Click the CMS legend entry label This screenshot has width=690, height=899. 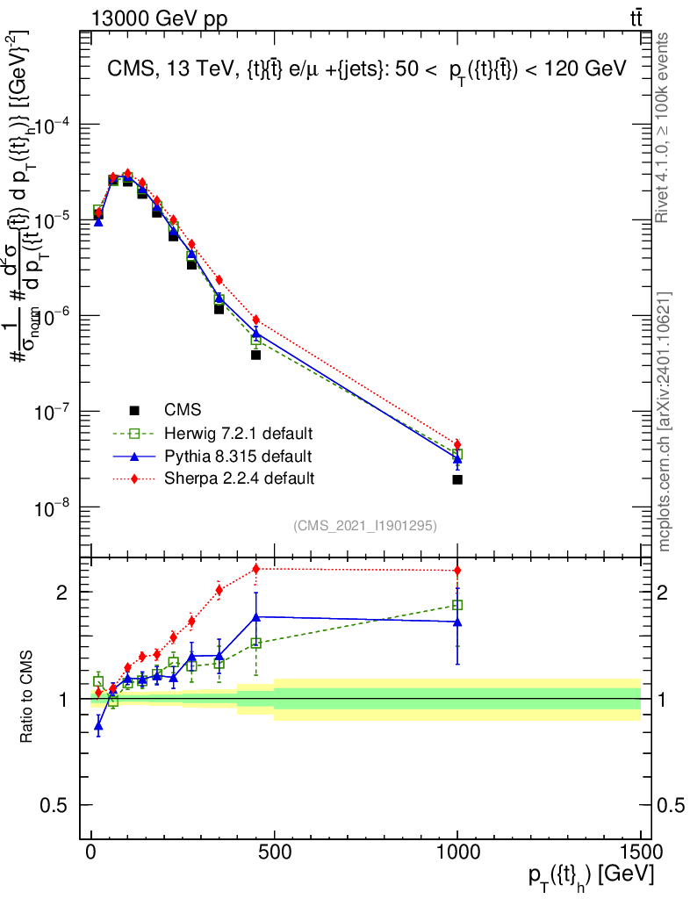(182, 410)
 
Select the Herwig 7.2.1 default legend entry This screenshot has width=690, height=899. (238, 434)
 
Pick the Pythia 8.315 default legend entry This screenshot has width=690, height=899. (237, 457)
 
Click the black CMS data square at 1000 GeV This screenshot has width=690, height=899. (457, 479)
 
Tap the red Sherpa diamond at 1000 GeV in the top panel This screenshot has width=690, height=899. (457, 444)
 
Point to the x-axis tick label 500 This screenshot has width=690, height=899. (274, 853)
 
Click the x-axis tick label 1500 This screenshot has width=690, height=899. (640, 853)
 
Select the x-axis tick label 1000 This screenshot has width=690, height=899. (457, 853)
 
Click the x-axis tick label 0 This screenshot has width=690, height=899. (91, 853)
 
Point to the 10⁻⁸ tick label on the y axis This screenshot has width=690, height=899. (54, 508)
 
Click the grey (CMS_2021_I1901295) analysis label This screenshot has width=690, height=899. (365, 525)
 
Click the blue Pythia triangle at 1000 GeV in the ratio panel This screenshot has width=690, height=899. (457, 622)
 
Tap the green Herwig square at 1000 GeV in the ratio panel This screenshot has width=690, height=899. (457, 605)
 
